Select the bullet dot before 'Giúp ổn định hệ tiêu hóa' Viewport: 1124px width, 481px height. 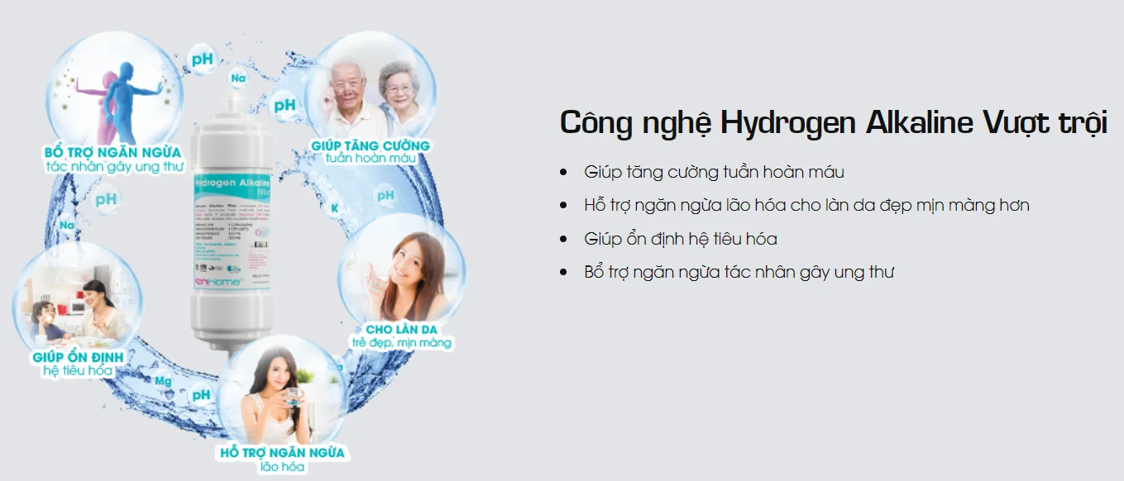click(564, 239)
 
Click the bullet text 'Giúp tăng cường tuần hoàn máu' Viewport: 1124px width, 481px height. click(714, 172)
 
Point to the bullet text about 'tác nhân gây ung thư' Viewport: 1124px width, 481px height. click(739, 272)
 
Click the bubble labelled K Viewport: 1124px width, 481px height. click(334, 207)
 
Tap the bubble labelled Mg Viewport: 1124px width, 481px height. click(163, 382)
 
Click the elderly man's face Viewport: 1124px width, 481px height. click(344, 83)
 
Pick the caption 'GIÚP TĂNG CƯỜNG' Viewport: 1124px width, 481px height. click(371, 145)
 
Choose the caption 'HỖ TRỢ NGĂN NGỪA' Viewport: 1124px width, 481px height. click(282, 453)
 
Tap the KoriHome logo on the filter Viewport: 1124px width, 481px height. click(218, 281)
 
